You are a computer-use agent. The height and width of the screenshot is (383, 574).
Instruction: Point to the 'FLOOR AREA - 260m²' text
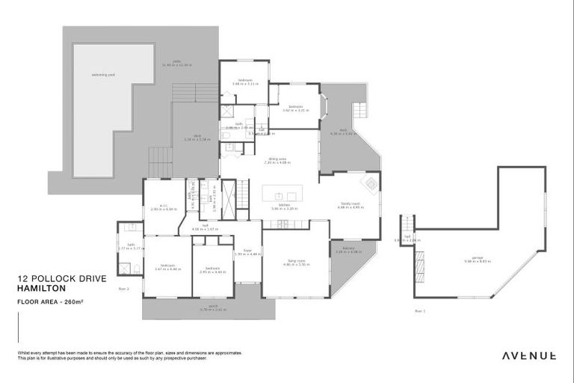click(49, 301)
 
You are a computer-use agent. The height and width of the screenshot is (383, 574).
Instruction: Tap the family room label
click(351, 203)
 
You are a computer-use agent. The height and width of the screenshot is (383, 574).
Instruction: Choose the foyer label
click(247, 251)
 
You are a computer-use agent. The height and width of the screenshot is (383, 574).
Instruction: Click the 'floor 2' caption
click(124, 288)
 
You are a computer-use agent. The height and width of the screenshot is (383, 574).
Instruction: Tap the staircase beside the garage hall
click(407, 224)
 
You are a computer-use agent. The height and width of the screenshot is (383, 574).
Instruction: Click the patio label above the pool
click(176, 62)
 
